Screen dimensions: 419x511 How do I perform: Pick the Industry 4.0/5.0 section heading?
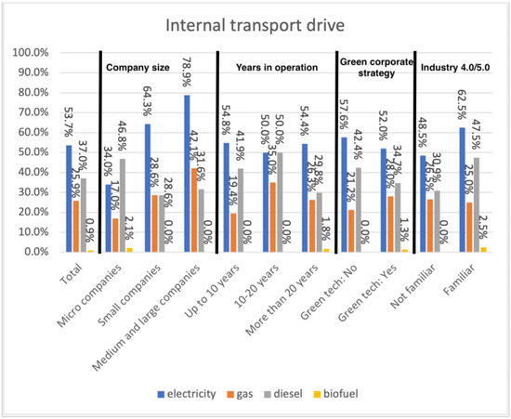click(458, 67)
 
